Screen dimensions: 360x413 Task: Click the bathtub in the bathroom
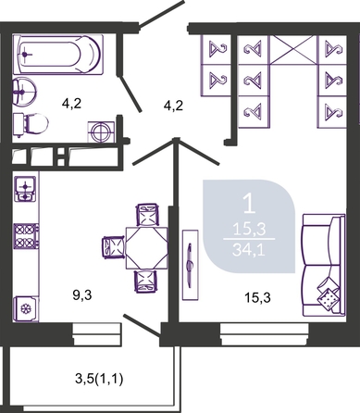57,55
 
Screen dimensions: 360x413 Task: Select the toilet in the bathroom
31,124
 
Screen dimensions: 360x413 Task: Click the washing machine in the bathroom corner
102,131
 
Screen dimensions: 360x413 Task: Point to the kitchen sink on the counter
26,188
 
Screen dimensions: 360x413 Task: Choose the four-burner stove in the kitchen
26,236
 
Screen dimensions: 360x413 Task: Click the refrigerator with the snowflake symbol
26,308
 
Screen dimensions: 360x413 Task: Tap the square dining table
146,248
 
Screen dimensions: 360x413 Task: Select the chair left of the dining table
114,247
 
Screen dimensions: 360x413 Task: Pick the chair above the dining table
148,215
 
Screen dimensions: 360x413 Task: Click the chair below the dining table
146,282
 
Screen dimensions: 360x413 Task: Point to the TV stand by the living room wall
190,265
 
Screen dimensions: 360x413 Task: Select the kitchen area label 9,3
82,295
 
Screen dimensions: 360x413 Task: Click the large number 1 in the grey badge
249,204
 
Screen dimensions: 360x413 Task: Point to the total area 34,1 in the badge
249,249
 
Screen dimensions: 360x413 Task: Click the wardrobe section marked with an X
293,50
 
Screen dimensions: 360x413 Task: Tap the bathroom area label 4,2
71,104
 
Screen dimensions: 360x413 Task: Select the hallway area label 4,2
173,106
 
